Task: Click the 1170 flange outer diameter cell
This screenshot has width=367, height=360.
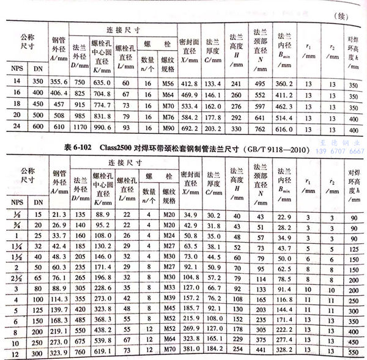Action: coord(80,131)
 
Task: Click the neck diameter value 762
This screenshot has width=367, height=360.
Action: coord(262,131)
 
